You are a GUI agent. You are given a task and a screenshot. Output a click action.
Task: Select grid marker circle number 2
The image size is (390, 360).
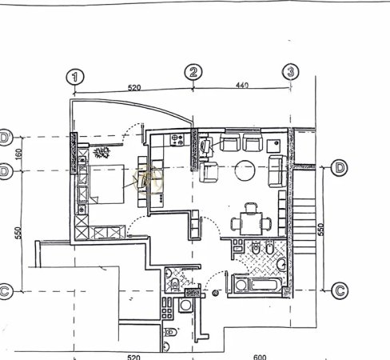tap(194, 72)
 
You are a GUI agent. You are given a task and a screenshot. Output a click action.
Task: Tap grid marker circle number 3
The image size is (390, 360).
tap(291, 71)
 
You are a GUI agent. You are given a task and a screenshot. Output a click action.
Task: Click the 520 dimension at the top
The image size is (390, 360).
tap(133, 86)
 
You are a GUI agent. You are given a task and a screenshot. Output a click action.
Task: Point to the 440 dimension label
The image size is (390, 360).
tap(241, 83)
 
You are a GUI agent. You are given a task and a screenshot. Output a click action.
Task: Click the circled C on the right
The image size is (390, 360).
tap(338, 290)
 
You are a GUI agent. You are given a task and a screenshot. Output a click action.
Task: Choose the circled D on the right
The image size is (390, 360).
tap(339, 167)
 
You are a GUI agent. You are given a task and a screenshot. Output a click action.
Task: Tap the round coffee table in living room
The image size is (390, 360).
tap(245, 170)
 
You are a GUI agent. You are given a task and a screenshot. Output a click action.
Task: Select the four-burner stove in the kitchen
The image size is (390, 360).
tap(178, 139)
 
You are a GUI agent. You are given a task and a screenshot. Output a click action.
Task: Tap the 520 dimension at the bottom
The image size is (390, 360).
tap(133, 358)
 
